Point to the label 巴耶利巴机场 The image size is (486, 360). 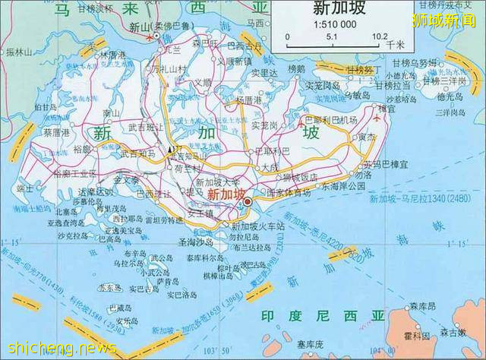330,121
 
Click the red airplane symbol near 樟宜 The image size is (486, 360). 378,119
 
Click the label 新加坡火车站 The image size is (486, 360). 257,226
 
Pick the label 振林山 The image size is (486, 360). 18,53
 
